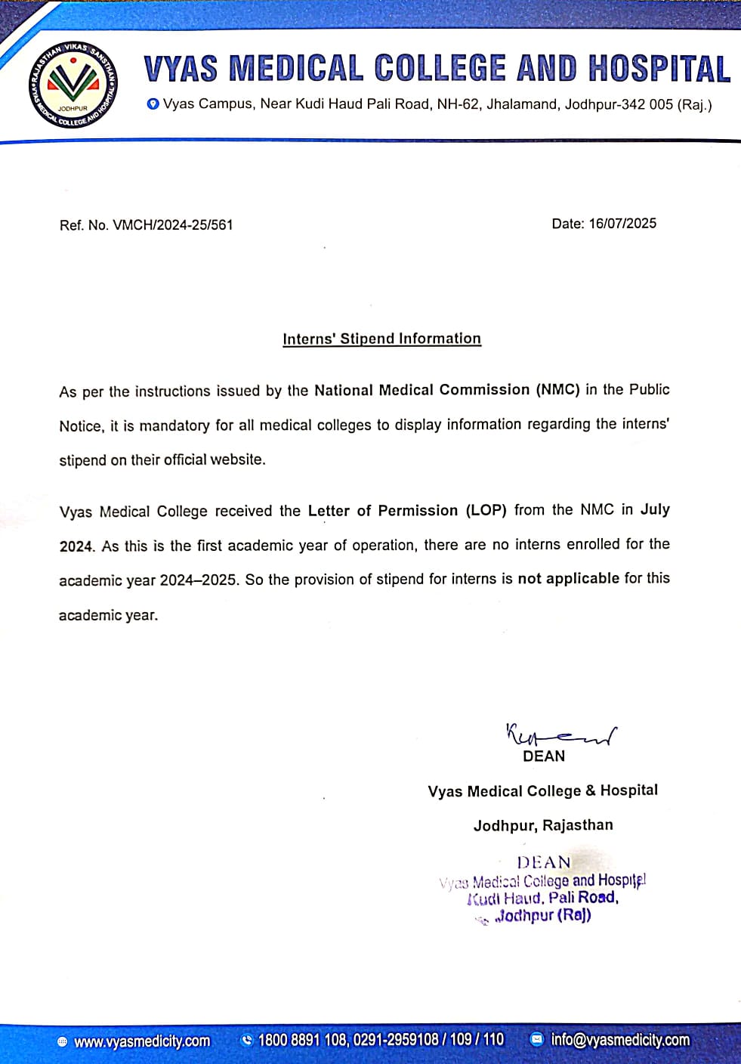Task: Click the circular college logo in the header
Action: click(74, 83)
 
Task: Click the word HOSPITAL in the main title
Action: click(659, 69)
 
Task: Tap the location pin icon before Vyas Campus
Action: click(153, 104)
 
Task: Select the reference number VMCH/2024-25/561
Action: click(172, 225)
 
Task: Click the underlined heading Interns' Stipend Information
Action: click(381, 339)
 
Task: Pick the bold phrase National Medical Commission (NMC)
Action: click(447, 390)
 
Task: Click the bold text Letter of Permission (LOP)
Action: click(406, 511)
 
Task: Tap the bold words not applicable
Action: click(568, 579)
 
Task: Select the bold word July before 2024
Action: click(655, 509)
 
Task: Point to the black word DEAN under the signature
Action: click(544, 756)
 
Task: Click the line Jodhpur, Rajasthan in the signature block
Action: click(543, 825)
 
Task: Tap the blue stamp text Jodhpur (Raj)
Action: click(543, 916)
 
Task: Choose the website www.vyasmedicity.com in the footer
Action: click(142, 1041)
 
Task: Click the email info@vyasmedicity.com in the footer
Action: click(620, 1040)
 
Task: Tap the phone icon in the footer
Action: click(246, 1041)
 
